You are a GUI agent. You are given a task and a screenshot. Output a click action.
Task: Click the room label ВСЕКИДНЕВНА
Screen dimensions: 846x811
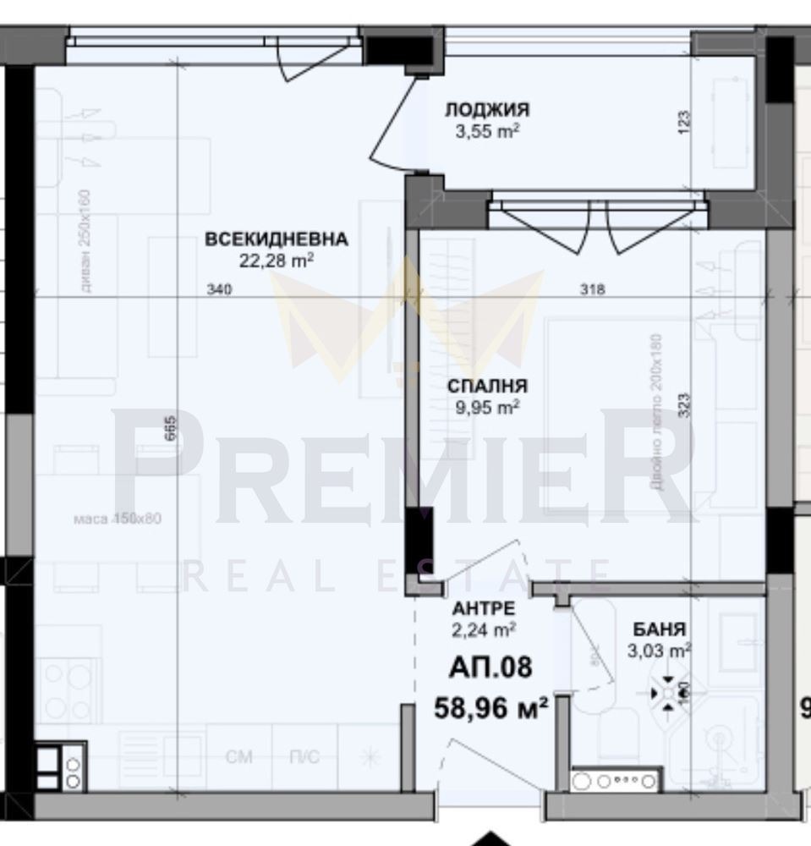(x=276, y=239)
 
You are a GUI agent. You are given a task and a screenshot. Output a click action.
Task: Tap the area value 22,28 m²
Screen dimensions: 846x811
(x=276, y=261)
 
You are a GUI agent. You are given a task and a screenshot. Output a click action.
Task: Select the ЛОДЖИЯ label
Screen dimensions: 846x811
(x=487, y=110)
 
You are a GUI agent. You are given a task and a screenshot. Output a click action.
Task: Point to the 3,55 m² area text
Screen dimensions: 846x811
(x=487, y=131)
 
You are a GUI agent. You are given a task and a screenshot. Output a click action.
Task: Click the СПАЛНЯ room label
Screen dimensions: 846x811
(x=487, y=387)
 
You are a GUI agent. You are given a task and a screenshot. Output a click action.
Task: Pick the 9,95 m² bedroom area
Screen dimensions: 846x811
(x=487, y=408)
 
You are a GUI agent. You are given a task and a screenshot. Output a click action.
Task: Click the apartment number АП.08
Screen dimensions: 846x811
(x=490, y=667)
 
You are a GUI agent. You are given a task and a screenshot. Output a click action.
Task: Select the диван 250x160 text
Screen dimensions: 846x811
(x=85, y=241)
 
